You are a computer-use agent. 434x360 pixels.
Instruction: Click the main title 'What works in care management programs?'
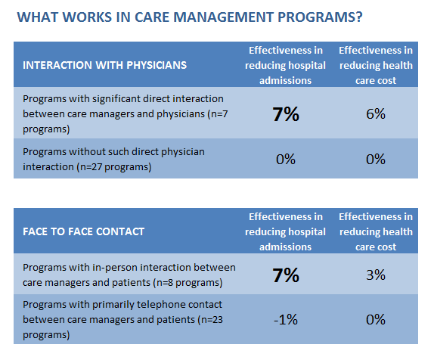(190, 17)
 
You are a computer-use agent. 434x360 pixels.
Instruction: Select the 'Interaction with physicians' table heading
(104, 65)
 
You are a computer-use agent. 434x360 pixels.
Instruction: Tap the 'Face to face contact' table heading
(84, 231)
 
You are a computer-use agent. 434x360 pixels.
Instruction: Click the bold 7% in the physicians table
(286, 113)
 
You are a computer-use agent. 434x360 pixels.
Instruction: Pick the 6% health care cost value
(376, 113)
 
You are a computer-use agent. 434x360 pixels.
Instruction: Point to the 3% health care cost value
(376, 275)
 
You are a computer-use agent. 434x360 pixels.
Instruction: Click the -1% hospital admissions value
(286, 319)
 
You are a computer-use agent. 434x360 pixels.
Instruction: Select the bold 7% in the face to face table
(286, 275)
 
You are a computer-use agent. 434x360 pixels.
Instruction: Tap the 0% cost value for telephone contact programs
(376, 319)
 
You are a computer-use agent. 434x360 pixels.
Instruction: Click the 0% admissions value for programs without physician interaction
(286, 159)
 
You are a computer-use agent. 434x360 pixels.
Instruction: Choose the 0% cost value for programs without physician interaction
(376, 159)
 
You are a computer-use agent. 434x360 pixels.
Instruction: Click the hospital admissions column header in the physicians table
(285, 65)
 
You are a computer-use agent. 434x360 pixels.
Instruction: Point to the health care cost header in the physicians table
(376, 65)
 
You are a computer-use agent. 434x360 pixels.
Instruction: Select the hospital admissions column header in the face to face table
(285, 231)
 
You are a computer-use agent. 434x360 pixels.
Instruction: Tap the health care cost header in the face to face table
(376, 231)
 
